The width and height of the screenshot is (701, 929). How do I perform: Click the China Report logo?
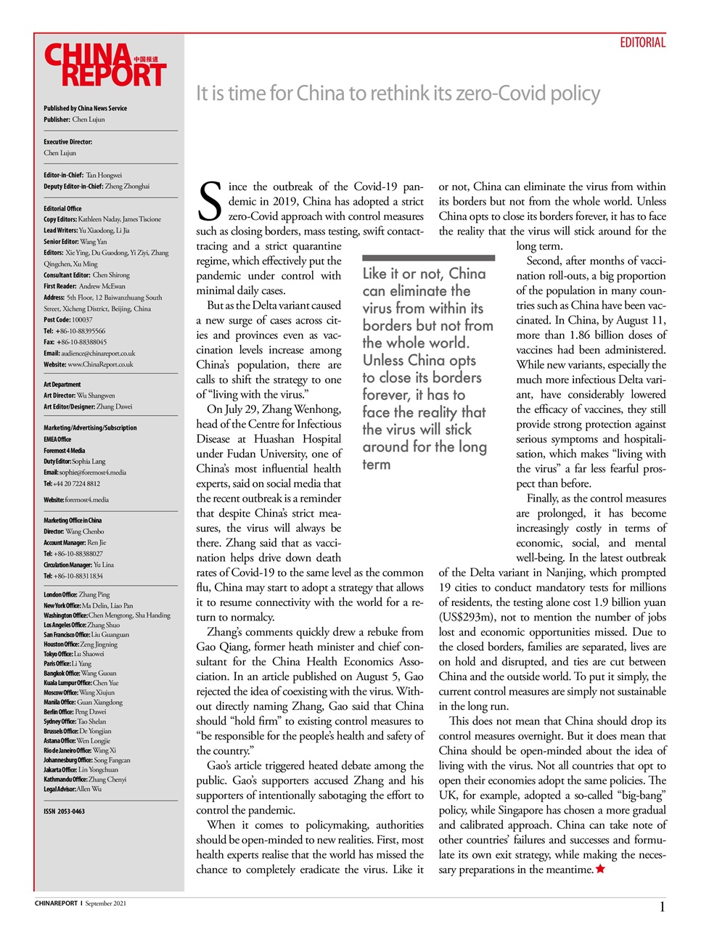click(105, 65)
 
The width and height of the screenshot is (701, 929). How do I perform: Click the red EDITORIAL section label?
click(642, 43)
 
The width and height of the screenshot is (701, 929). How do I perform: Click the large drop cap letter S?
click(210, 202)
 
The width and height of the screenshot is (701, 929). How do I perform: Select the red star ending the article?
click(600, 869)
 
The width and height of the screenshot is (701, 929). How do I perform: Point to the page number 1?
click(662, 907)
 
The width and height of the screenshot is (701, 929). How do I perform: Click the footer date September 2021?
click(105, 904)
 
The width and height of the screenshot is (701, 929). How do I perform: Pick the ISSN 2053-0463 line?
click(64, 811)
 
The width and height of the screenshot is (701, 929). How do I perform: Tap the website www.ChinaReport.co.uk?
click(100, 364)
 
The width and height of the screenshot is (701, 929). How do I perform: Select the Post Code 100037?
click(82, 319)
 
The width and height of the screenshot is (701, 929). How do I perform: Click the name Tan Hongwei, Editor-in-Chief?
click(104, 175)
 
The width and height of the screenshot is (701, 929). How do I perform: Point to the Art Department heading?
click(62, 385)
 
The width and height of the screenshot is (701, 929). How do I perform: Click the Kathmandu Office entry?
click(85, 779)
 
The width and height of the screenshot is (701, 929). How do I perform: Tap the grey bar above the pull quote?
click(428, 258)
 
